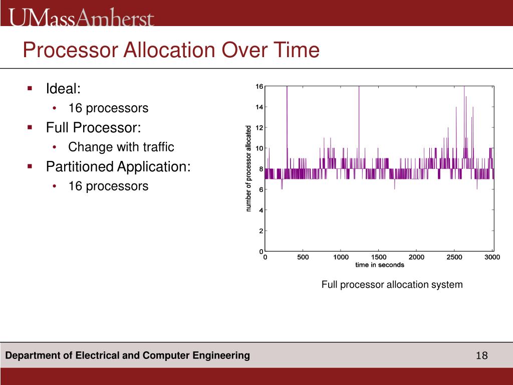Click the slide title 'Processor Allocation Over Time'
(171, 51)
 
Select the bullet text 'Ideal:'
(63, 89)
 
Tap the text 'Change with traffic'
(121, 147)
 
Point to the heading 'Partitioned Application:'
(118, 166)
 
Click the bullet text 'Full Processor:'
(94, 128)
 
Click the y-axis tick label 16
(260, 86)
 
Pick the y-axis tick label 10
(260, 148)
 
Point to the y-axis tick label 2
(261, 231)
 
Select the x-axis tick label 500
(303, 257)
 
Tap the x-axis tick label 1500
(378, 257)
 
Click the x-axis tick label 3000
(492, 257)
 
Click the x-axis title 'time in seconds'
(379, 265)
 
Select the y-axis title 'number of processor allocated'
(249, 168)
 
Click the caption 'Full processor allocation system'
(392, 285)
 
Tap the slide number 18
(481, 356)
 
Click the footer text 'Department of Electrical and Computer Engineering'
(128, 356)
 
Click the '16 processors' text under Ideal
(108, 108)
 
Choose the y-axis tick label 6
(261, 189)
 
